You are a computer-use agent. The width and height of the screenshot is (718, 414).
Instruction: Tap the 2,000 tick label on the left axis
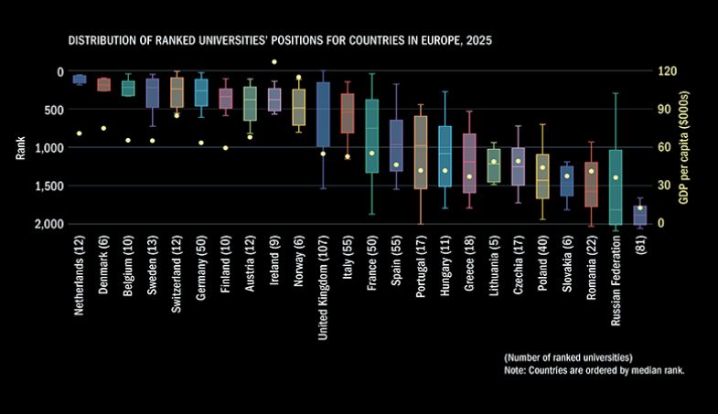point(47,224)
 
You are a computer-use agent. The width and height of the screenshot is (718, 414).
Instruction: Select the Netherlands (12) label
point(80,274)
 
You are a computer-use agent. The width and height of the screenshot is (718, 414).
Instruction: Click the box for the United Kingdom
point(323,114)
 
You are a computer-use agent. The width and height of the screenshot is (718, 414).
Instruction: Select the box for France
point(372,135)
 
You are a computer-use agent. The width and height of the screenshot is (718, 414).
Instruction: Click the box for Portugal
point(421,152)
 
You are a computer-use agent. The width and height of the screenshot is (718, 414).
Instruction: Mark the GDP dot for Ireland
point(273,62)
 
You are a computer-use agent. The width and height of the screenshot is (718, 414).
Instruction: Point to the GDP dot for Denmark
point(103,128)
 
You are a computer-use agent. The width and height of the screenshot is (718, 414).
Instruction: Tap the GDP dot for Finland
point(225,147)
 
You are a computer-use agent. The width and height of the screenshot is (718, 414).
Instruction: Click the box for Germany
point(201,92)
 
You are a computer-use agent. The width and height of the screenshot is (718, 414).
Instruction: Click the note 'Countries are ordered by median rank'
point(594,371)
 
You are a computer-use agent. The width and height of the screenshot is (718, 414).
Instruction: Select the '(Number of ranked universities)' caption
point(568,356)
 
